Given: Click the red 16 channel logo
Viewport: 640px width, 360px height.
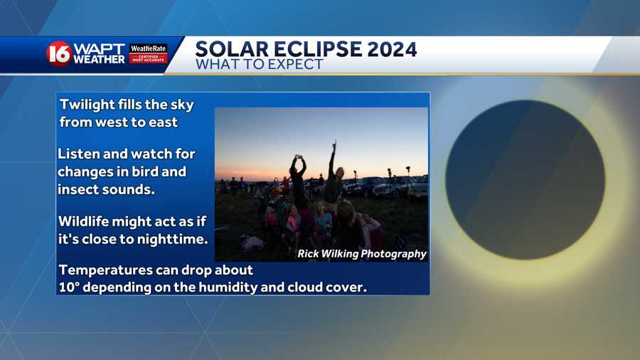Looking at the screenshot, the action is pyautogui.click(x=59, y=53).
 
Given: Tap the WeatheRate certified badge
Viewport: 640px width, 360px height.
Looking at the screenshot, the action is pyautogui.click(x=148, y=53).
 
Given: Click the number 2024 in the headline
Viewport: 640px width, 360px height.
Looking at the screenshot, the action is pyautogui.click(x=391, y=49).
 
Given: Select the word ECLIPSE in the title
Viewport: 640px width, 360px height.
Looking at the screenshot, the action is pyautogui.click(x=318, y=49).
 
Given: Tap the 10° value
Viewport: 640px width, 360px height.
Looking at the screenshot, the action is pyautogui.click(x=69, y=287).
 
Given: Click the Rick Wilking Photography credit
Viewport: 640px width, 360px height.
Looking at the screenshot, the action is pyautogui.click(x=362, y=254).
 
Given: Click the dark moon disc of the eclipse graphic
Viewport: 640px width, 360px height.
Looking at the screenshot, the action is pyautogui.click(x=526, y=179).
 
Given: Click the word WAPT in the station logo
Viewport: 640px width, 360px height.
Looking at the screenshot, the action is pyautogui.click(x=99, y=49).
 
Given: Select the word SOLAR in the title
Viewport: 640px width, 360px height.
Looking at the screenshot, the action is pyautogui.click(x=232, y=49).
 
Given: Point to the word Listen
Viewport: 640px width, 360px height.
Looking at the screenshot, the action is pyautogui.click(x=79, y=154).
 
